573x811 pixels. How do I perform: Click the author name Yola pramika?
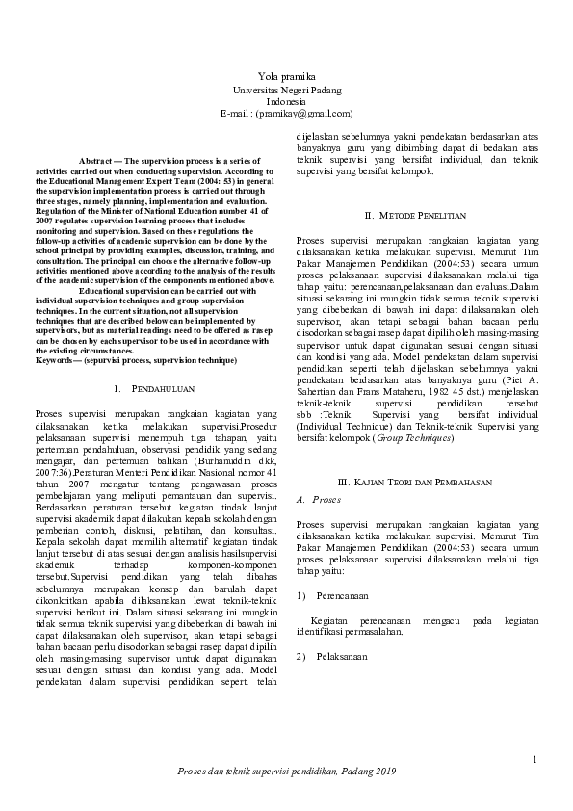[286, 76]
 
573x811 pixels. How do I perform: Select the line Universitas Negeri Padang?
[286, 89]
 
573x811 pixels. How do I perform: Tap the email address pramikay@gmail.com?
[298, 114]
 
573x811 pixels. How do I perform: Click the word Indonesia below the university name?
[286, 101]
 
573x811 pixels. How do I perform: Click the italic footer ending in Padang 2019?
[286, 773]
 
